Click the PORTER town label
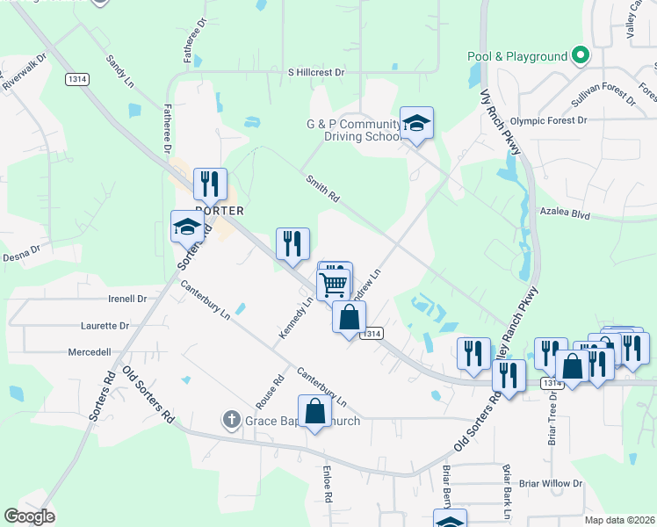[x=219, y=211]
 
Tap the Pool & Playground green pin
[x=580, y=56]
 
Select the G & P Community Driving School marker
[x=416, y=123]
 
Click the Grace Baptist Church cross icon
[x=231, y=421]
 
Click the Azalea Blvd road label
[x=566, y=213]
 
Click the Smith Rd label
[x=322, y=190]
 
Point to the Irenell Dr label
[x=127, y=299]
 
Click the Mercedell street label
[x=90, y=351]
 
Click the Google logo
[x=29, y=516]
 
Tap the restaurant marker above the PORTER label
[x=210, y=184]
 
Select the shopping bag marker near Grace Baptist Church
[x=314, y=411]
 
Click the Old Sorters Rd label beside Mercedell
[x=148, y=395]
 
